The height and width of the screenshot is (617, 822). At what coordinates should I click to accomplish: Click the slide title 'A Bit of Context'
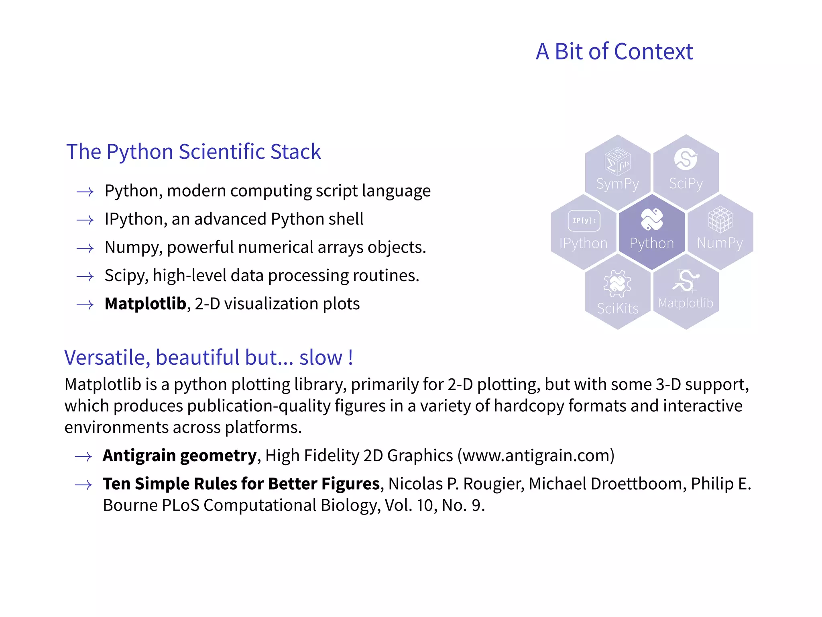614,52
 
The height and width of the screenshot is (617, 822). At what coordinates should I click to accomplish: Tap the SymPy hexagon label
617,184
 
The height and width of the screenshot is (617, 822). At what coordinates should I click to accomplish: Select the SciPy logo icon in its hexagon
686,159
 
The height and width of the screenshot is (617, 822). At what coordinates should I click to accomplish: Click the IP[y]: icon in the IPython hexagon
584,221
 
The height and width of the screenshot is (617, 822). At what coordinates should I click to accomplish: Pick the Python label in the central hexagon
652,243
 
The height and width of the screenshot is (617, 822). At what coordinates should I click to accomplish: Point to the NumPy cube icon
720,219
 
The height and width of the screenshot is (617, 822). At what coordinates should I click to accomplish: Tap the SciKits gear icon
617,283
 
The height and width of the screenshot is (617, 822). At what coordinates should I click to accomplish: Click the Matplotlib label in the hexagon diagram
686,303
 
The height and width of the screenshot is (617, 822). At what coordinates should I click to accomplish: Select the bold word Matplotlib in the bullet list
145,304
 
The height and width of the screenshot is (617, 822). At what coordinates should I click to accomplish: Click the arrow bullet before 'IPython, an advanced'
85,220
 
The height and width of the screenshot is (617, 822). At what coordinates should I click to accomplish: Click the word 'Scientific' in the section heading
222,152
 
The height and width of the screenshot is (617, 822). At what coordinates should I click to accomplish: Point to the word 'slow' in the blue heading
320,358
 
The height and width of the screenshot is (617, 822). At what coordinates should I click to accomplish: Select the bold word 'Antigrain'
139,456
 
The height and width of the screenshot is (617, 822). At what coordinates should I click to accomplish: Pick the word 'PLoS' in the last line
180,505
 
